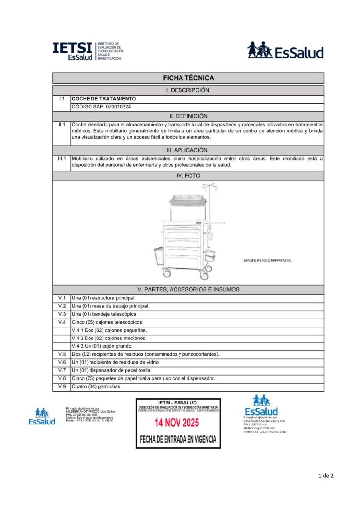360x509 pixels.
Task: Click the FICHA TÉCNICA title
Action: pyautogui.click(x=188, y=78)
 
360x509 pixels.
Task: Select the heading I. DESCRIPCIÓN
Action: pyautogui.click(x=188, y=90)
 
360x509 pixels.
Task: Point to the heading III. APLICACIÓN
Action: pyautogui.click(x=188, y=150)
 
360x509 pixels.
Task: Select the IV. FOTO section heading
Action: pyautogui.click(x=188, y=176)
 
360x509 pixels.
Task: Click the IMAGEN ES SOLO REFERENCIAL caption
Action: pyautogui.click(x=268, y=260)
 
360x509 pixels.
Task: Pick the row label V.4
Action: pyautogui.click(x=62, y=322)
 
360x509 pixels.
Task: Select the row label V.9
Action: pyautogui.click(x=62, y=386)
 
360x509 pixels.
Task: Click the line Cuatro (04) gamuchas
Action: pyautogui.click(x=96, y=386)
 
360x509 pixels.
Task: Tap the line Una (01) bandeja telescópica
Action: pyautogui.click(x=104, y=314)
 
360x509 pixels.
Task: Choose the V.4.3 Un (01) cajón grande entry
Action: pyautogui.click(x=102, y=346)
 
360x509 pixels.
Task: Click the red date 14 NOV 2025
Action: pyautogui.click(x=179, y=423)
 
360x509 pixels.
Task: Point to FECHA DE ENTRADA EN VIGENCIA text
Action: pyautogui.click(x=179, y=440)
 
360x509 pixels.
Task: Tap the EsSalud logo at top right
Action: pyautogui.click(x=285, y=51)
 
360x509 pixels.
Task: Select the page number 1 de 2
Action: pyautogui.click(x=326, y=476)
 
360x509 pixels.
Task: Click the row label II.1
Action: pyautogui.click(x=62, y=124)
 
